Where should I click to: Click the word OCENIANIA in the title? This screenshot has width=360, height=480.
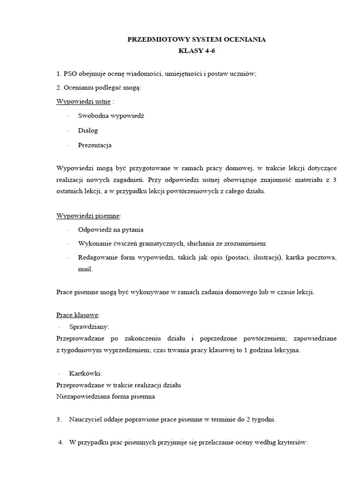(x=243, y=40)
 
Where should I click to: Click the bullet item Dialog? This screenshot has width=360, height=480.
(x=88, y=130)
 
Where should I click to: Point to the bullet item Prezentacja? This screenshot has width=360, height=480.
(x=95, y=145)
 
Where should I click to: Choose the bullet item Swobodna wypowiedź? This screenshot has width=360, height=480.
(x=111, y=116)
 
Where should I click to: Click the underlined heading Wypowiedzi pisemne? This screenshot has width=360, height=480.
(x=88, y=216)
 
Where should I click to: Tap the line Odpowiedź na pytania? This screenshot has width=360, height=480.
(x=111, y=230)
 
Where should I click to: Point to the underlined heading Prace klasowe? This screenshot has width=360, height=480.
(x=77, y=315)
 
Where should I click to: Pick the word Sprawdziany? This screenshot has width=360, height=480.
(x=89, y=326)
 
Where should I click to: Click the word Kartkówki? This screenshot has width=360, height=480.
(x=85, y=373)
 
